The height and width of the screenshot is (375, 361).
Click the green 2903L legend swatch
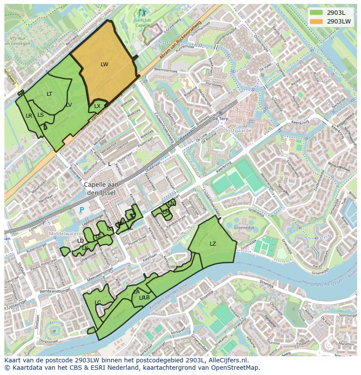pos(317,13)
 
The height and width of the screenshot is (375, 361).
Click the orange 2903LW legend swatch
pos(317,21)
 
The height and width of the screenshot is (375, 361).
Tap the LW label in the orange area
pos(104,64)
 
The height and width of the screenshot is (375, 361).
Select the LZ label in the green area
pos(213,244)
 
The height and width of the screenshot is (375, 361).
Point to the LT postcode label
pos(49,94)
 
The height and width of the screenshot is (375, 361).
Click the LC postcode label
pos(98,303)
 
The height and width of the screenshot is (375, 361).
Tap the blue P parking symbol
pos(82,210)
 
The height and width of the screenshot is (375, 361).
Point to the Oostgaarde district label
pos(238,130)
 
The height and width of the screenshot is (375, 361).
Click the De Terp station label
pos(220,118)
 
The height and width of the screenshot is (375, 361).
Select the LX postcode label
pos(97,106)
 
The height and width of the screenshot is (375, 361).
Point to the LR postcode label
pos(29,116)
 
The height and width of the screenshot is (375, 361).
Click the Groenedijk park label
pos(244,227)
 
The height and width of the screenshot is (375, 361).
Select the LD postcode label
pos(80,241)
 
